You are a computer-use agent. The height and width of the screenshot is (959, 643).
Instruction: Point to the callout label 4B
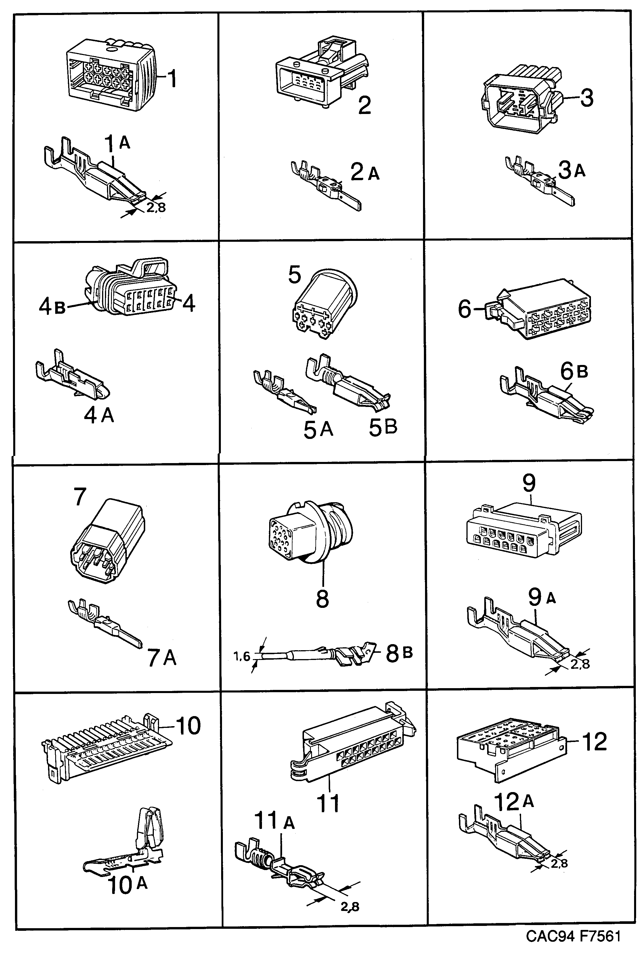(x=52, y=306)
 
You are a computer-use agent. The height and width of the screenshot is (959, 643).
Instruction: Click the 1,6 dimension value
(x=242, y=656)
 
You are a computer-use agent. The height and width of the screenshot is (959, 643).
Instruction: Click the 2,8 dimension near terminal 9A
(x=580, y=663)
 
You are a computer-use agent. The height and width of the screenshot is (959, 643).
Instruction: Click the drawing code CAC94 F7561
(x=573, y=936)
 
